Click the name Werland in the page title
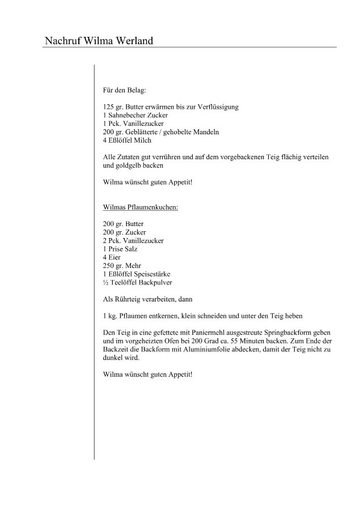tap(132, 41)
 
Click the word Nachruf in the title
tap(63, 41)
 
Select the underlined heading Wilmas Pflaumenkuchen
tap(141, 208)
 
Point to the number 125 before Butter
tap(109, 107)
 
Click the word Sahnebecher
tap(127, 115)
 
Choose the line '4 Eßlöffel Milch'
tap(127, 140)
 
